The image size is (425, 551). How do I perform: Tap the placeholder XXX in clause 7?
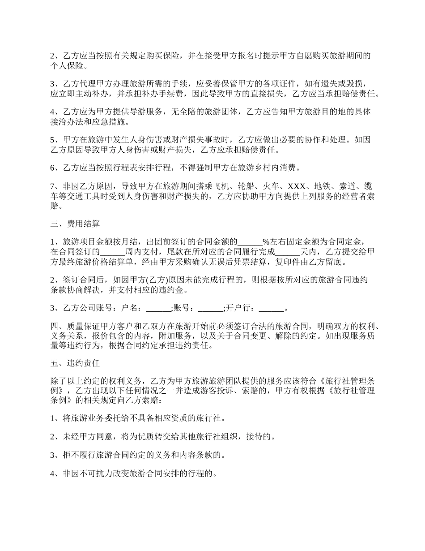pyautogui.click(x=297, y=186)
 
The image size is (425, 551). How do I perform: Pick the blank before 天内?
pyautogui.click(x=288, y=252)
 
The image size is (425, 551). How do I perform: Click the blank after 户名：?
pyautogui.click(x=158, y=308)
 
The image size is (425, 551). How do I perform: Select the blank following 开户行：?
pyautogui.click(x=272, y=308)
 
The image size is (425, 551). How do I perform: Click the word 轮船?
pyautogui.click(x=243, y=186)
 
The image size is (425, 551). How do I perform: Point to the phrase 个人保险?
pyautogui.click(x=66, y=65)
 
